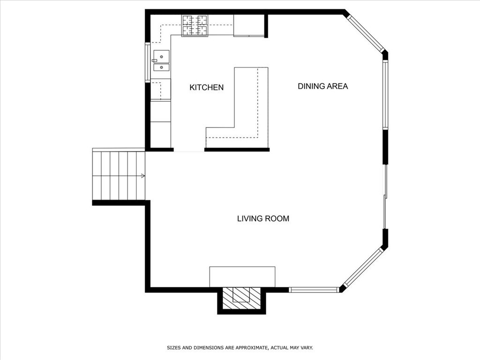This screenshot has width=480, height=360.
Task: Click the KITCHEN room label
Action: pyautogui.click(x=206, y=87)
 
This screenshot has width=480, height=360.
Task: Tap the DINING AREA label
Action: pyautogui.click(x=322, y=86)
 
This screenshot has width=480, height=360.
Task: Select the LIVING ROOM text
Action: pyautogui.click(x=263, y=218)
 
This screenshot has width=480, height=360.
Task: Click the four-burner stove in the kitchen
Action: pyautogui.click(x=195, y=25)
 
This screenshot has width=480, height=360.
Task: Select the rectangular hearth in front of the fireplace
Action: pyautogui.click(x=242, y=276)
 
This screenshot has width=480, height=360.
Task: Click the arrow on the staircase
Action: pyautogui.click(x=142, y=176)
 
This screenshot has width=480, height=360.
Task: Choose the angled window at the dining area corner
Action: pyautogui.click(x=366, y=33)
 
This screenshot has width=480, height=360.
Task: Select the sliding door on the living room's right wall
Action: pyautogui.click(x=385, y=197)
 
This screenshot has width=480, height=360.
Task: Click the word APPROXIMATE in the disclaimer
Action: pyautogui.click(x=248, y=348)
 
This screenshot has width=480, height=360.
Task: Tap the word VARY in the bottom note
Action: pyautogui.click(x=306, y=348)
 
